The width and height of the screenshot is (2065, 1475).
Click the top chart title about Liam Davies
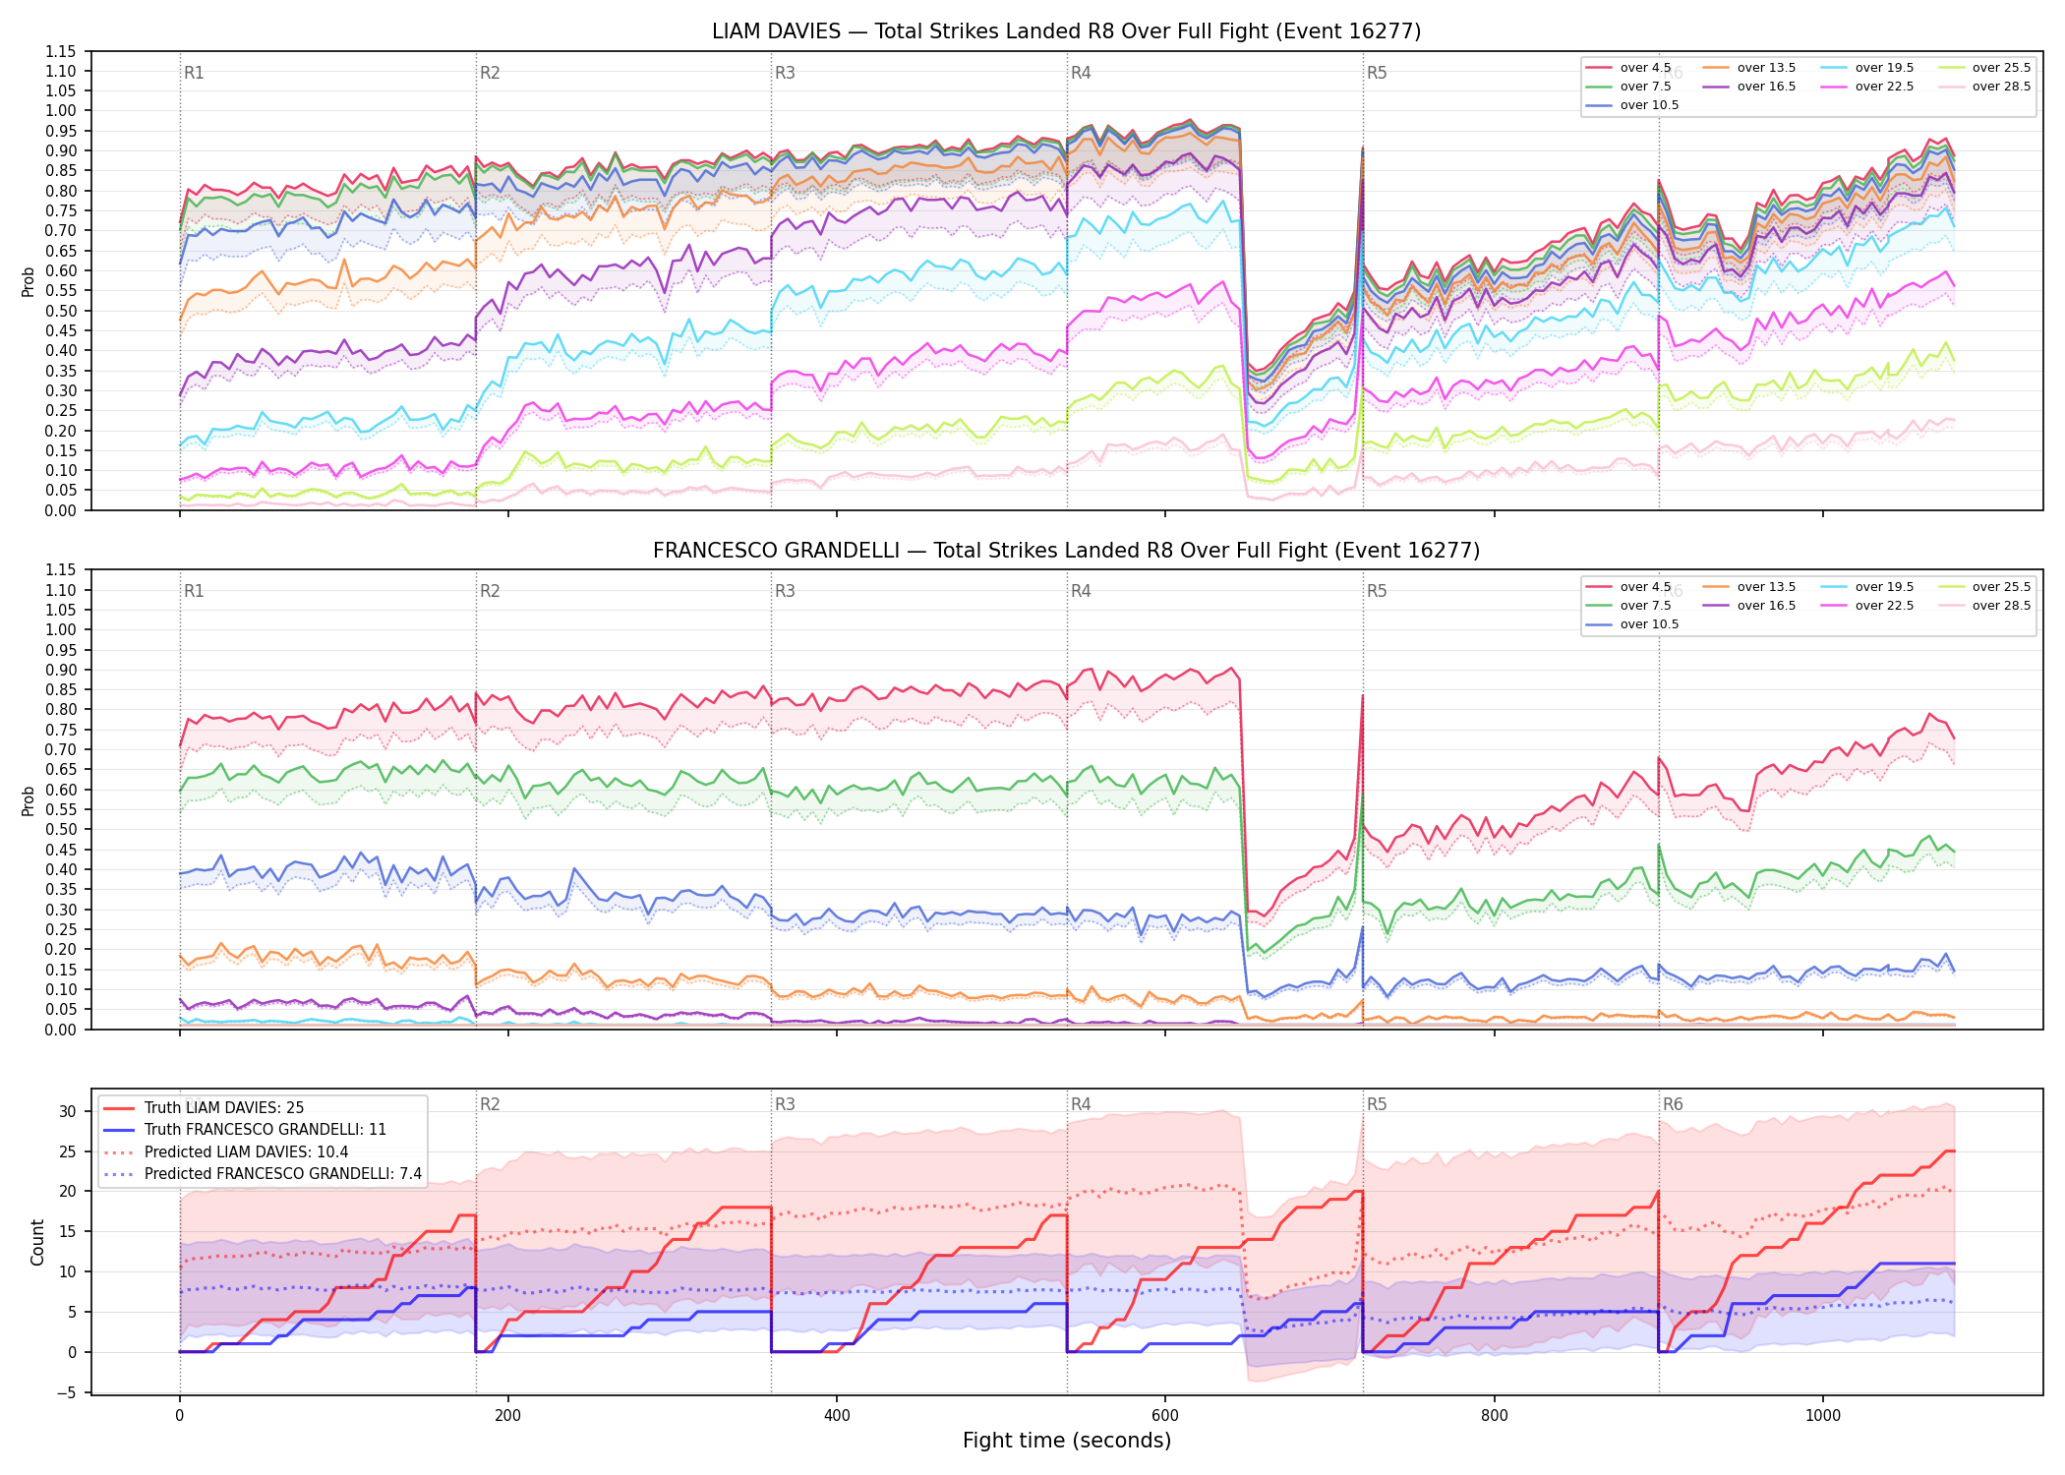(1066, 31)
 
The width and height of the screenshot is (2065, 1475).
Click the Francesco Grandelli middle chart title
(1066, 551)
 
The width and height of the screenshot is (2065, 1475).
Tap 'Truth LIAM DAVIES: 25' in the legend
(224, 1108)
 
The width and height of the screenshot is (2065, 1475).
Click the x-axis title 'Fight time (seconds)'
(1067, 1441)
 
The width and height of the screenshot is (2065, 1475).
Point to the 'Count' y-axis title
(37, 1242)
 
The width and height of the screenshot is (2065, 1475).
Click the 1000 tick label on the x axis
(1822, 1416)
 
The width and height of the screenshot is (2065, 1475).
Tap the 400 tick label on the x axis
(836, 1416)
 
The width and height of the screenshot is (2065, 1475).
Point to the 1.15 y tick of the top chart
(60, 51)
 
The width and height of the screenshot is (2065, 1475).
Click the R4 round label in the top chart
(1081, 73)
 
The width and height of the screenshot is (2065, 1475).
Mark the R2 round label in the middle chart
(490, 591)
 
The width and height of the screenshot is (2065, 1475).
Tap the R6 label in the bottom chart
(1673, 1104)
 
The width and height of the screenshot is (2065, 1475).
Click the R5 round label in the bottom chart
(1377, 1104)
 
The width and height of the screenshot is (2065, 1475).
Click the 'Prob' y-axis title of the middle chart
(28, 800)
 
